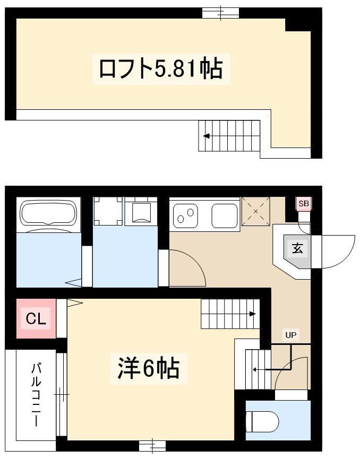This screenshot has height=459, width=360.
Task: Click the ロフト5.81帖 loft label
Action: pos(161,69)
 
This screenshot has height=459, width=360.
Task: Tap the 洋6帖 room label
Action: pos(148,369)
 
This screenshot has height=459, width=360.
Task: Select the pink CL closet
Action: pos(36,318)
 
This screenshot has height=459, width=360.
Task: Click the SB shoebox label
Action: pos(304,203)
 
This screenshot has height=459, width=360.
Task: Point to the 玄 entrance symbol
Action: pos(297,249)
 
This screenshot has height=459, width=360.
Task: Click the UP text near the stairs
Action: pos(290,335)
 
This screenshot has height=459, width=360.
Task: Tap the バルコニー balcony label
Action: pos(36,395)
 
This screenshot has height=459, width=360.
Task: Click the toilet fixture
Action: pos(262,421)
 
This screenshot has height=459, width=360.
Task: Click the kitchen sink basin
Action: pos(225,215)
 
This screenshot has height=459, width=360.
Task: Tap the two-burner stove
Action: pos(185,216)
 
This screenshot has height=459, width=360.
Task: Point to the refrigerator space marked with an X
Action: pos(256,211)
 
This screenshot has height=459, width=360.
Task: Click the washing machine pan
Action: pos(108,211)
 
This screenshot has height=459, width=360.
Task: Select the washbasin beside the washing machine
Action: pos(141,211)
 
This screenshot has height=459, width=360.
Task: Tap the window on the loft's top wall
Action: pos(221,13)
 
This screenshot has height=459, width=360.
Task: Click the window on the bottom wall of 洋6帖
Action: pos(152,446)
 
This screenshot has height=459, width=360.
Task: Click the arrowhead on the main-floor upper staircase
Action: pos(253,314)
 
